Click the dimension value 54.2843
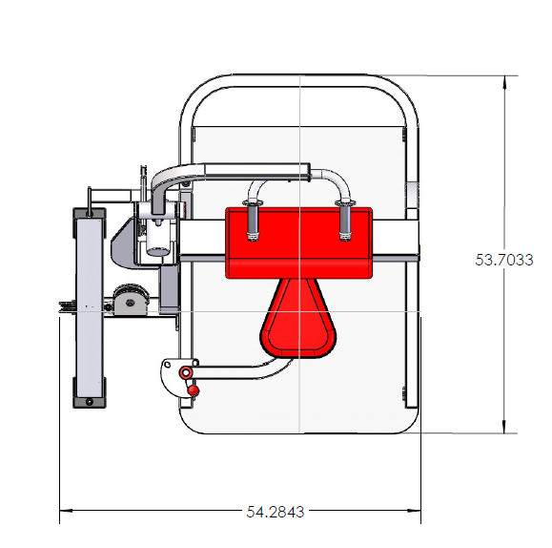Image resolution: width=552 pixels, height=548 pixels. [275, 512]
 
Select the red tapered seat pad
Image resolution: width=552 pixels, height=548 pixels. [299, 320]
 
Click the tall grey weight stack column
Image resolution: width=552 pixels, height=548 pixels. [90, 306]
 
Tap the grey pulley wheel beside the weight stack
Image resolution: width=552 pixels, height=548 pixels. [128, 302]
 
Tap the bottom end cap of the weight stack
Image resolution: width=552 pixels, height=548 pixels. [90, 402]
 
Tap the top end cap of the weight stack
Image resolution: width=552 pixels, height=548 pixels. [90, 211]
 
